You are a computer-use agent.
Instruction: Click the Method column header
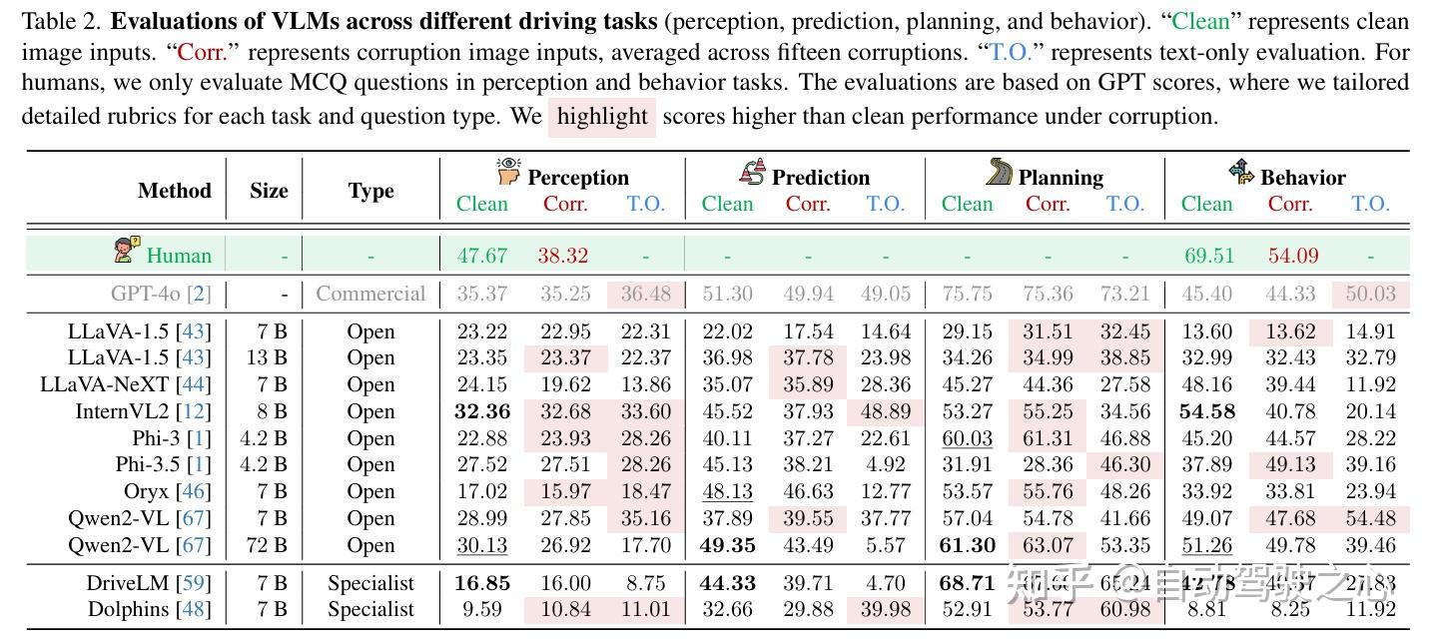[175, 191]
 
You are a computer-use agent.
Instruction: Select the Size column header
[269, 191]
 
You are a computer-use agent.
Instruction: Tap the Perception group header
[577, 178]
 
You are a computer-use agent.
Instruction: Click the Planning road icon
[999, 173]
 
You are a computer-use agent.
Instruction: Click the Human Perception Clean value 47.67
[482, 255]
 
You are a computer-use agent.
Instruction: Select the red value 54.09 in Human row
[1293, 255]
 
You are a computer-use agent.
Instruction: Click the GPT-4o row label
[160, 294]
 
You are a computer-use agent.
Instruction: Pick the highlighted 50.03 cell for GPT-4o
[1370, 294]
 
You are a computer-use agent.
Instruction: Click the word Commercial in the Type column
[370, 294]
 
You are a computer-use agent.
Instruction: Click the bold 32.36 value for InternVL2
[482, 411]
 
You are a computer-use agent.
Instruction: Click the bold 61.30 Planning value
[968, 545]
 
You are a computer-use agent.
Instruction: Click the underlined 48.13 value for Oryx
[727, 491]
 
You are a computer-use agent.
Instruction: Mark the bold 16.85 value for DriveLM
[482, 583]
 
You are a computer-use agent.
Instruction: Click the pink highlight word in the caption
[602, 117]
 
